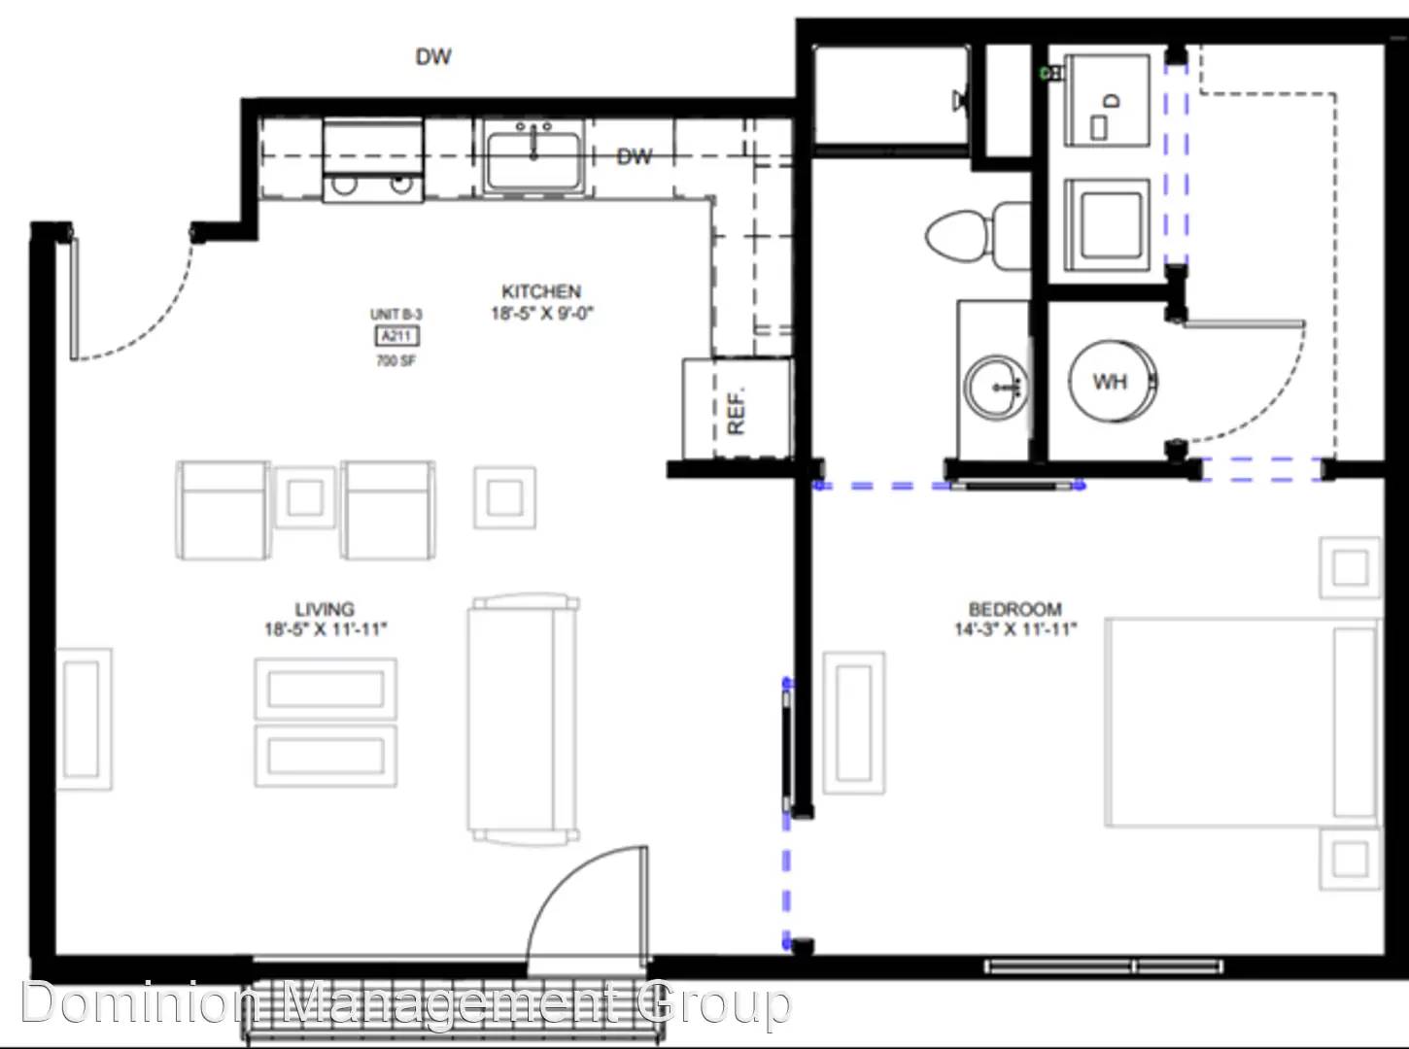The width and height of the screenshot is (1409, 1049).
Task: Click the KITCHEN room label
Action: point(541,291)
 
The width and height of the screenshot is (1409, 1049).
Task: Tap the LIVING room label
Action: point(325,609)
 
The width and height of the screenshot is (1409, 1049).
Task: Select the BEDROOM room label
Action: point(1015,609)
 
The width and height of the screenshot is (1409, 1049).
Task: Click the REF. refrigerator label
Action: point(737,410)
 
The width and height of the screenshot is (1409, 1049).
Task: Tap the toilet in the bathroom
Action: point(977,236)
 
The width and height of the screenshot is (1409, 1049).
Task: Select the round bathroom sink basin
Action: point(995,387)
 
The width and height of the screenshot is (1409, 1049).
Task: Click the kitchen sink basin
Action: point(533,161)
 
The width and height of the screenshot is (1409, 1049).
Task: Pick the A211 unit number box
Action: point(397,336)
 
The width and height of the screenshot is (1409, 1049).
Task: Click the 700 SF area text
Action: point(396,361)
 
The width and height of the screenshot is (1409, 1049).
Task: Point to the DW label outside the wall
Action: point(433,57)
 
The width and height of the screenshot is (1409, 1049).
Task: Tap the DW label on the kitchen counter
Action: point(634,156)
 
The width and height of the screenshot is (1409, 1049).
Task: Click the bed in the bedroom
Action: point(1243,722)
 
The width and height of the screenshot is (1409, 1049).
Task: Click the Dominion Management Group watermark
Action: point(406,1002)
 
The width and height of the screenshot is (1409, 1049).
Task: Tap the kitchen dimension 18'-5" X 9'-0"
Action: point(542,313)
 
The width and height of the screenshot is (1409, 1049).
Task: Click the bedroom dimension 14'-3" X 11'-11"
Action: point(1015,629)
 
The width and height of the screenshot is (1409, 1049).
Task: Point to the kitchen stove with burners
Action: point(373,160)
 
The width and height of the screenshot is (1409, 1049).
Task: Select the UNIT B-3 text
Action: point(396,315)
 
